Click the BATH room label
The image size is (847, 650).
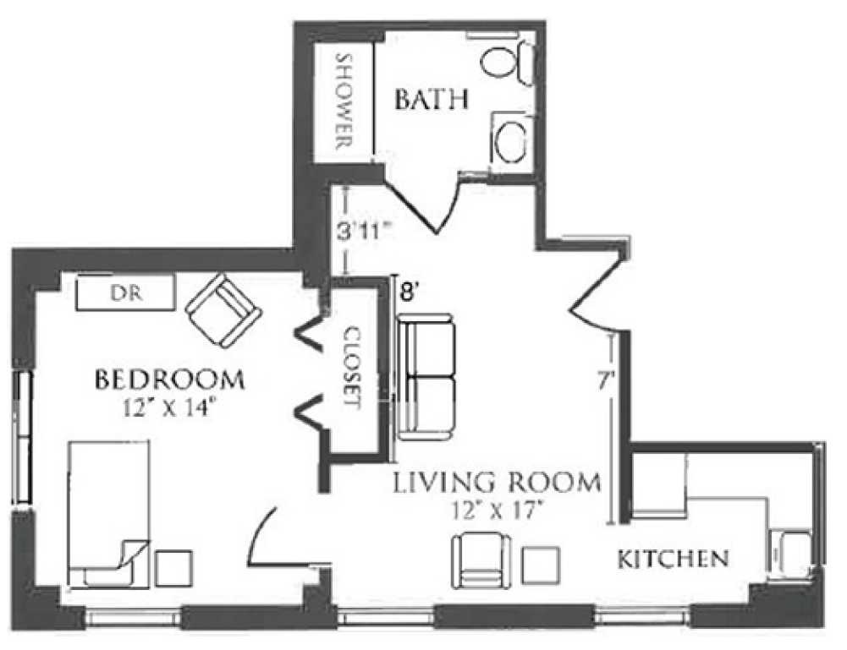click(x=431, y=101)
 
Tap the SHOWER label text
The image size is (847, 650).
click(x=344, y=101)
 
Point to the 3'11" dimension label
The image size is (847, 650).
click(x=364, y=232)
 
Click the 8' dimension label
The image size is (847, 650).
click(x=409, y=293)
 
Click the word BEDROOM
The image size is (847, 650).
click(x=169, y=380)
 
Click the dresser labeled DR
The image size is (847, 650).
click(x=125, y=292)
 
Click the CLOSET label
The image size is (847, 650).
click(x=352, y=368)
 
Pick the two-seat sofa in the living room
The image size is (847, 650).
click(x=426, y=375)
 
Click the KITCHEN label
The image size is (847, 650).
click(x=673, y=559)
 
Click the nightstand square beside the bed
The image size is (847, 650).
click(x=173, y=568)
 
